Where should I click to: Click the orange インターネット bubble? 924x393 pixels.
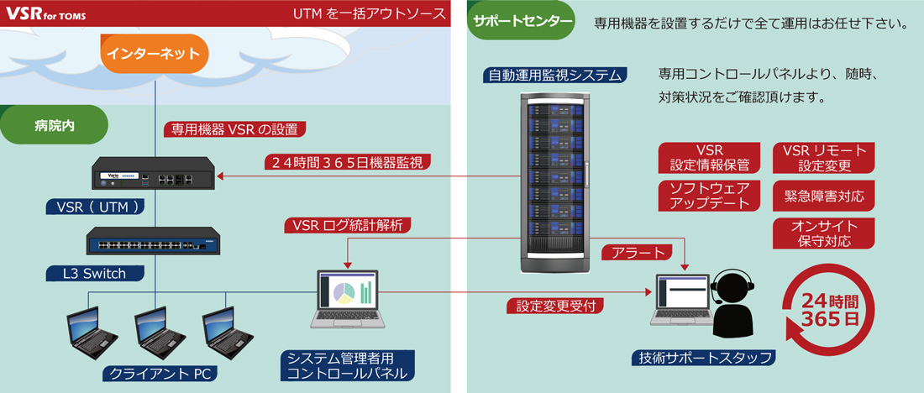tap(153, 54)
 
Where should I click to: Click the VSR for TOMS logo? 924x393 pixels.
tap(45, 13)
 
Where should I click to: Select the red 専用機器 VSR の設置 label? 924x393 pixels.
tap(233, 129)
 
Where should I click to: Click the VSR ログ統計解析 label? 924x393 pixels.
tap(347, 225)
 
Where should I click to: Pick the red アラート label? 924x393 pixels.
tap(637, 251)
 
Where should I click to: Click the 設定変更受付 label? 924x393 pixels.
tap(555, 306)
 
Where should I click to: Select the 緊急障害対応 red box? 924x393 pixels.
tap(823, 196)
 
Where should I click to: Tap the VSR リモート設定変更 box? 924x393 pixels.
tap(823, 157)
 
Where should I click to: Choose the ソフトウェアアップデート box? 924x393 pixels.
tap(710, 196)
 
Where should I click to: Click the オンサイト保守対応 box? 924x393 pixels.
tap(823, 233)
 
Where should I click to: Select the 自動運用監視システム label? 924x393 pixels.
tap(556, 75)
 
